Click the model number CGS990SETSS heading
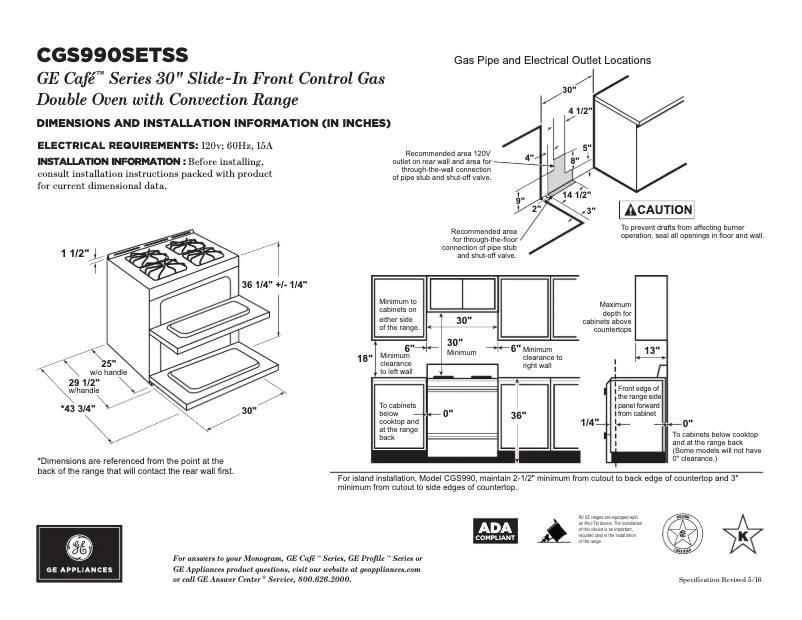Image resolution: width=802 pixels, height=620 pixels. (x=111, y=54)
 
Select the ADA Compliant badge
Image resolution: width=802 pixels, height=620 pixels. (x=496, y=531)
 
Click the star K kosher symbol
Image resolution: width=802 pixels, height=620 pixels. (x=742, y=533)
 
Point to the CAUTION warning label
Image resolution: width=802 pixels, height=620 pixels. (x=657, y=210)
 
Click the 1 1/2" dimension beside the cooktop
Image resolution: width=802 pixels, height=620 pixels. (x=75, y=253)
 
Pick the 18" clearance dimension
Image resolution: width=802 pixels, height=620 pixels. (x=365, y=358)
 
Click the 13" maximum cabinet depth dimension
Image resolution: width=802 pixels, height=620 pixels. (x=651, y=350)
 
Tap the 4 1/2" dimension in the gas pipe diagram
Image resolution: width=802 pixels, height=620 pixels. (x=580, y=110)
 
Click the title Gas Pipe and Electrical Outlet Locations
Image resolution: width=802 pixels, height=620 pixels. (x=552, y=60)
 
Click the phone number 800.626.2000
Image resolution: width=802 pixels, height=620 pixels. (x=319, y=579)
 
